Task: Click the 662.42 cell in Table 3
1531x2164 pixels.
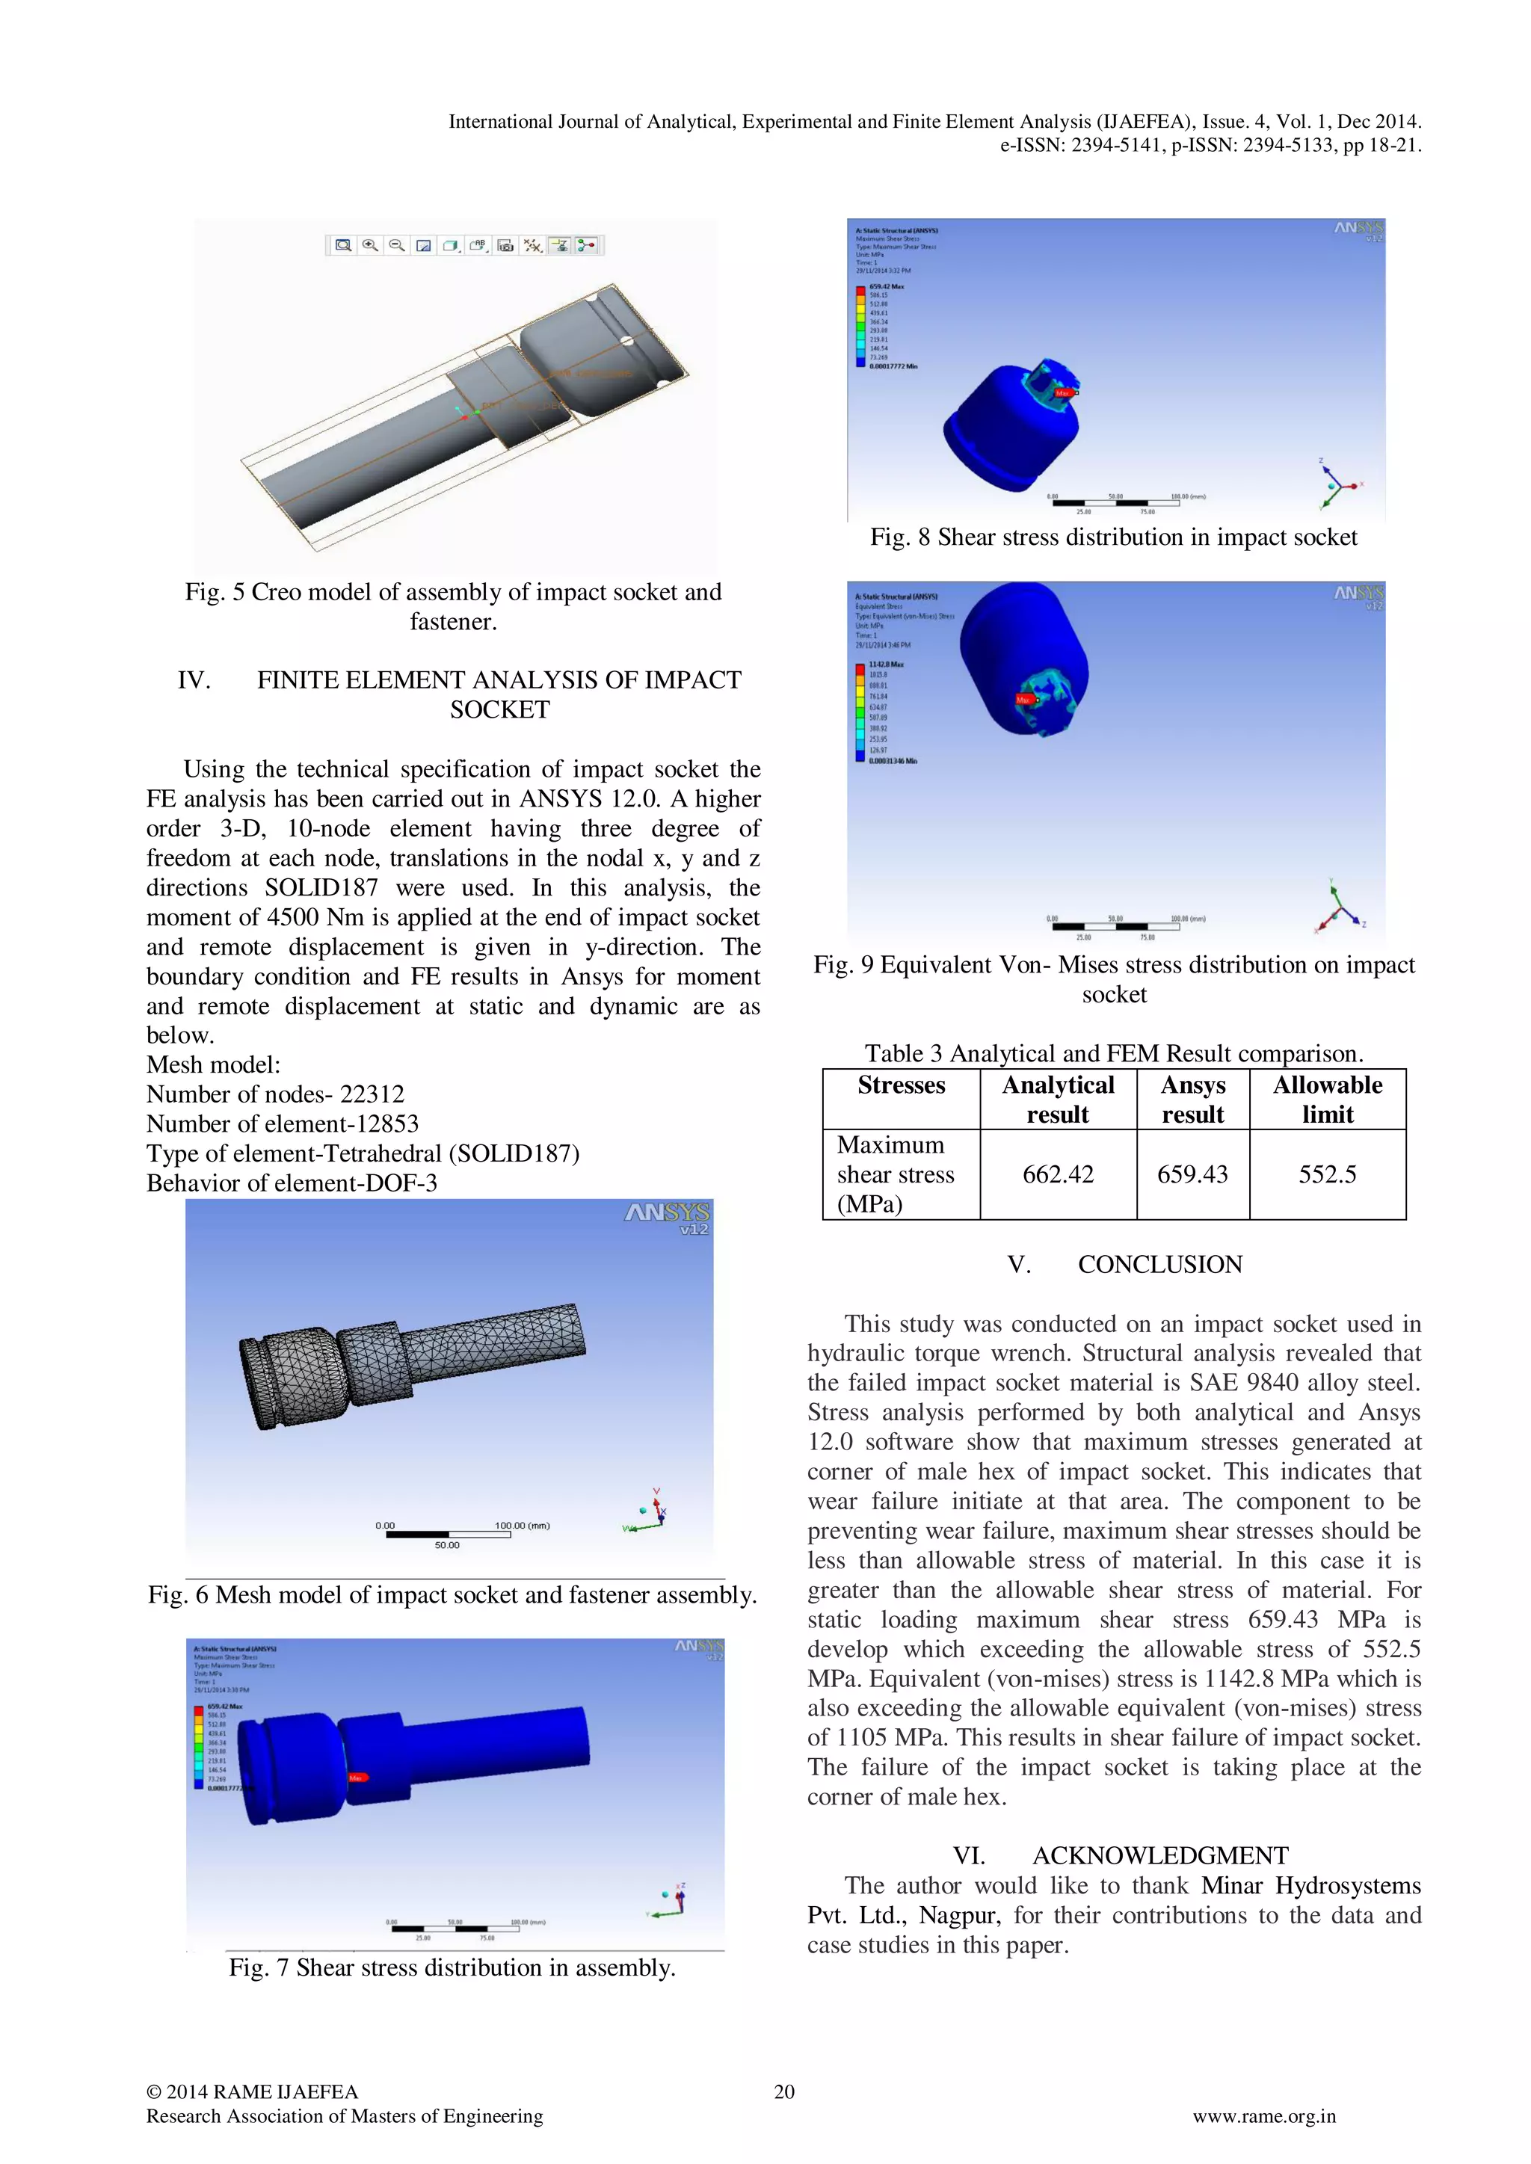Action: click(1058, 1174)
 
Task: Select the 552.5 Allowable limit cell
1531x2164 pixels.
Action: click(1328, 1174)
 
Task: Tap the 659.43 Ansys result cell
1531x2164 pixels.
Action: click(1192, 1174)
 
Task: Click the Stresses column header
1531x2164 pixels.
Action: click(902, 1086)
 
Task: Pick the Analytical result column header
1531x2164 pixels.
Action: click(1058, 1100)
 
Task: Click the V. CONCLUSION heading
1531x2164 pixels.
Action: click(1124, 1265)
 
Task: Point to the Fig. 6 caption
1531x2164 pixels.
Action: click(452, 1594)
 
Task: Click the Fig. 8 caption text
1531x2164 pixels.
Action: click(1113, 537)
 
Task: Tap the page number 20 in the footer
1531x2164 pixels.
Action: click(784, 2091)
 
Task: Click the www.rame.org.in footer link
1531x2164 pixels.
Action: click(1264, 2116)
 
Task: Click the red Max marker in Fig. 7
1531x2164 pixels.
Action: click(358, 1778)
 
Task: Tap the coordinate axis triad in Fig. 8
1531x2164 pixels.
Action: click(1339, 484)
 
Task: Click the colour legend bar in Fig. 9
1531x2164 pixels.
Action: click(860, 712)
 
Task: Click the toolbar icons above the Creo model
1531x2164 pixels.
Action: click(463, 246)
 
